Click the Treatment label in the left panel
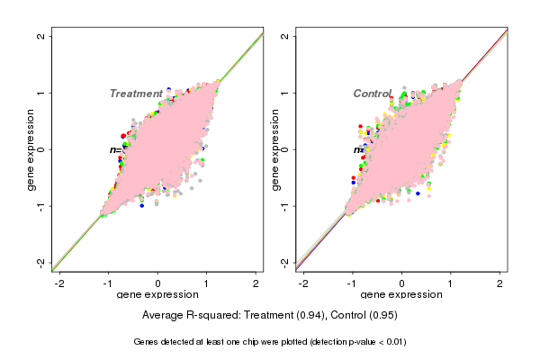click(x=136, y=94)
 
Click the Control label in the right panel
click(x=372, y=94)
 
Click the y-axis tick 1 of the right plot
click(x=285, y=93)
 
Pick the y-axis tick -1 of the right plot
click(x=285, y=205)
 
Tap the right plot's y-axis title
click(x=274, y=149)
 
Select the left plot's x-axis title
click(x=158, y=295)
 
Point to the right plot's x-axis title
click(x=401, y=295)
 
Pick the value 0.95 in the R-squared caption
click(x=382, y=316)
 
